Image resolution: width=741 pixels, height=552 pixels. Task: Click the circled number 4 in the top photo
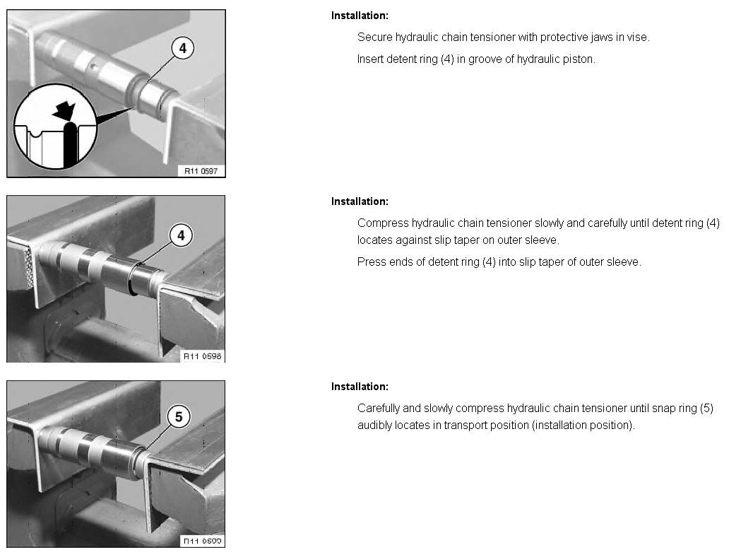(182, 48)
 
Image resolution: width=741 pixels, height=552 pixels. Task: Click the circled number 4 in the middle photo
(181, 235)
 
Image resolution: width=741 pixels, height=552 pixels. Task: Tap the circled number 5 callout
(179, 417)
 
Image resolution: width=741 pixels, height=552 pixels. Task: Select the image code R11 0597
(201, 171)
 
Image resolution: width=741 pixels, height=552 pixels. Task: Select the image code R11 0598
(202, 356)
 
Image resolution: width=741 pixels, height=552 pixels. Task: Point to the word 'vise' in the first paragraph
(638, 37)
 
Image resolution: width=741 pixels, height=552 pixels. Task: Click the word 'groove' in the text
(485, 59)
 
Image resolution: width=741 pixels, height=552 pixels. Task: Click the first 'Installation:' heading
(360, 16)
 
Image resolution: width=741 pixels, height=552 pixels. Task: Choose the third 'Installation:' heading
(360, 387)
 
